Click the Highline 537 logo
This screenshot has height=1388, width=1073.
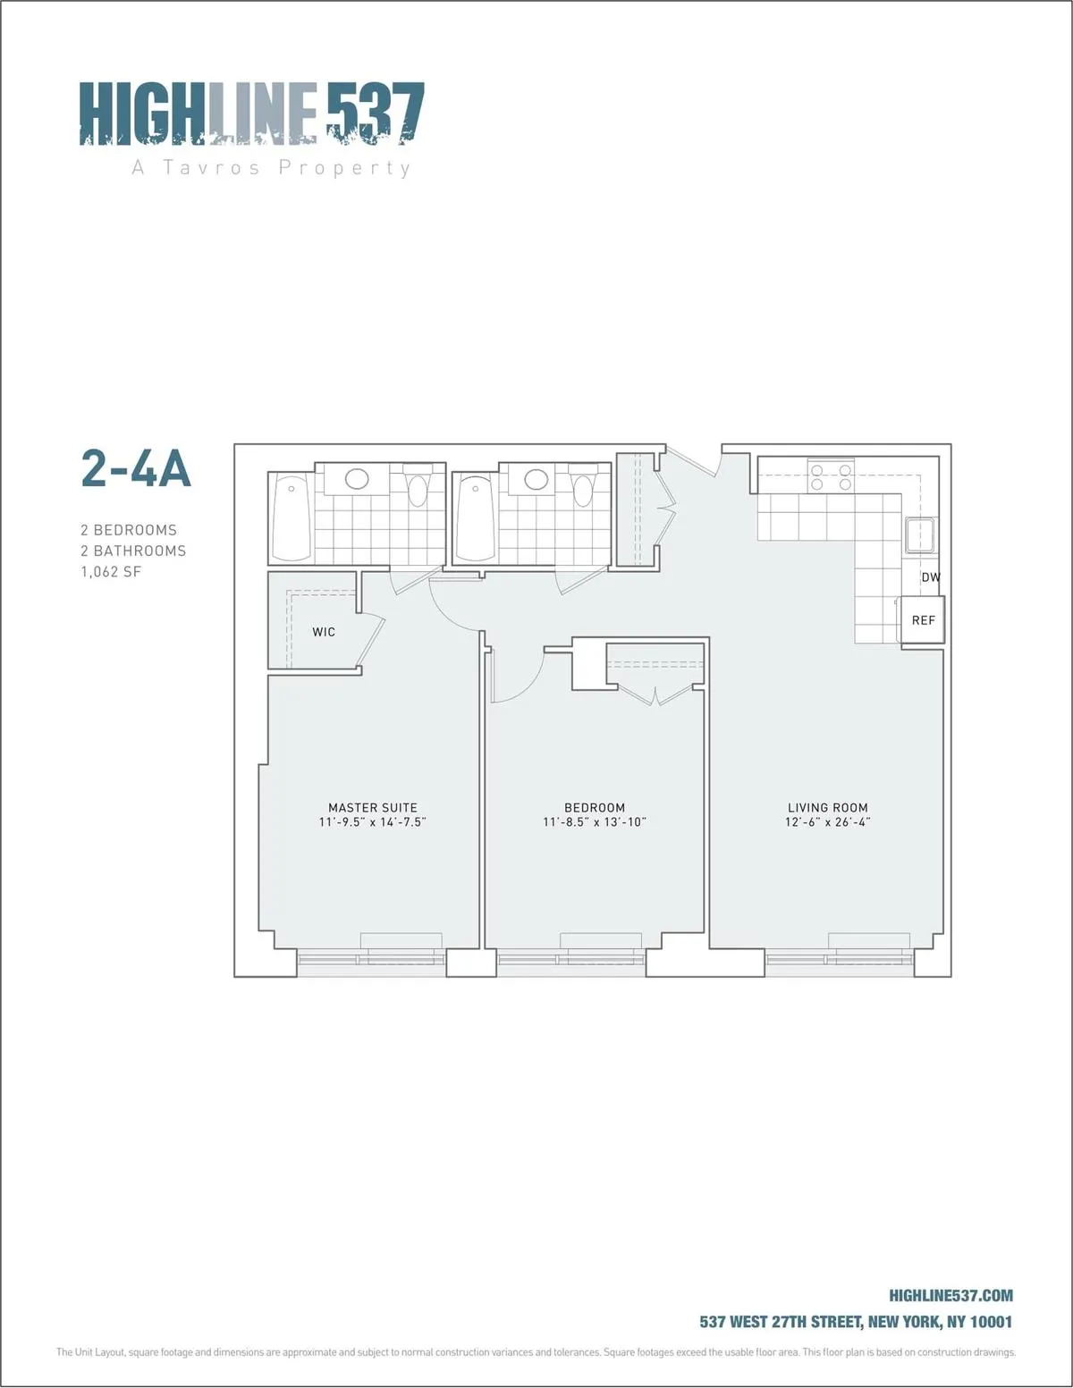251,114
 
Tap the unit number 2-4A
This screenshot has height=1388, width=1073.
136,468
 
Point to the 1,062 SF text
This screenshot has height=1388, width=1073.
111,572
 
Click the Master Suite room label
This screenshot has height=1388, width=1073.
372,807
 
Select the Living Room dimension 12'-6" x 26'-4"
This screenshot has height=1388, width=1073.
827,822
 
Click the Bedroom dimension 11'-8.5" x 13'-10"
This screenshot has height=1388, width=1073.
594,822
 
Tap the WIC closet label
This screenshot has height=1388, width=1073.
324,632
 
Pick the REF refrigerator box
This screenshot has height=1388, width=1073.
923,620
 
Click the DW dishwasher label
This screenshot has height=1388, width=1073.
931,577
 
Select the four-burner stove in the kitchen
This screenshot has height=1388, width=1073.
831,475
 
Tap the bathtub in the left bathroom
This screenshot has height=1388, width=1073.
291,517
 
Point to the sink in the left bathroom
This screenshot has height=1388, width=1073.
357,479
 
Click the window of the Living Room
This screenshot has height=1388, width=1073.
840,959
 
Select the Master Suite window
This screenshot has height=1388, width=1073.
371,959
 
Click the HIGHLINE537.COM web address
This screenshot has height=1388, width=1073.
950,1296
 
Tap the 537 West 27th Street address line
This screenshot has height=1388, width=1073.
856,1322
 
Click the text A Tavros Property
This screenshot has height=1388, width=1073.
271,168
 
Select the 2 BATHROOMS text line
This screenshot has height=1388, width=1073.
133,551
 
